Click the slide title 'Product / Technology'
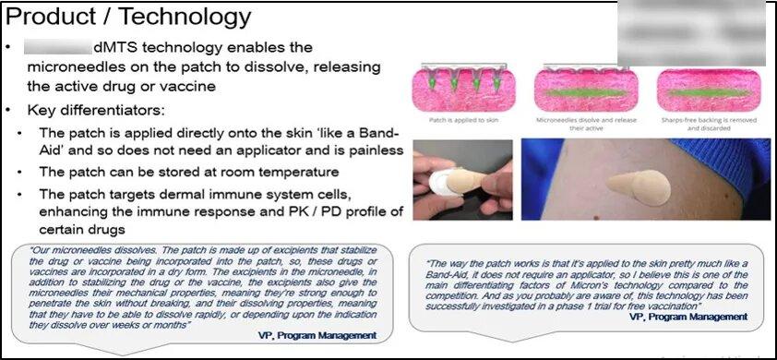point(128,16)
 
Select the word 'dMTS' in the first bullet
point(112,47)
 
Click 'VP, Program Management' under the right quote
point(688,316)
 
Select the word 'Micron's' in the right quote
point(580,283)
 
